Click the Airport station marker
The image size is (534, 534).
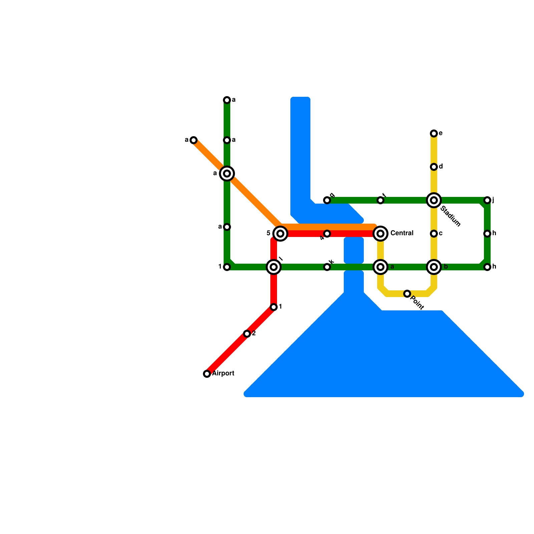coord(207,374)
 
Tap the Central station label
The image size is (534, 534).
coord(402,233)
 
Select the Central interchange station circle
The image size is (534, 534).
coord(380,234)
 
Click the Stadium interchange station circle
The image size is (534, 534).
coord(434,200)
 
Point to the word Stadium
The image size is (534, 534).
coord(450,217)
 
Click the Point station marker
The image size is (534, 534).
coord(407,294)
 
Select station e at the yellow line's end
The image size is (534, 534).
coord(434,133)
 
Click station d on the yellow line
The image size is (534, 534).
coord(434,167)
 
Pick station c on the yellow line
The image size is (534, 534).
coord(434,234)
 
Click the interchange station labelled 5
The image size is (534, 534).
coord(280,234)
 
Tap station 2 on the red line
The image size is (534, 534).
coord(247,334)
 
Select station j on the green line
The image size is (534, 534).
coord(487,200)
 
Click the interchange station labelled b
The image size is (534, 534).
coord(434,267)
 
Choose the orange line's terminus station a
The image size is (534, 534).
coord(194,140)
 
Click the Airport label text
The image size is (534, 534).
coord(223,373)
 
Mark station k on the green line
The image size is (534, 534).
coord(327,267)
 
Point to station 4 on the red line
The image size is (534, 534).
coord(327,234)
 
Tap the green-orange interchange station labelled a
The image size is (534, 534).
coord(227,174)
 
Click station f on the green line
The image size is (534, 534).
coord(380,200)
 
